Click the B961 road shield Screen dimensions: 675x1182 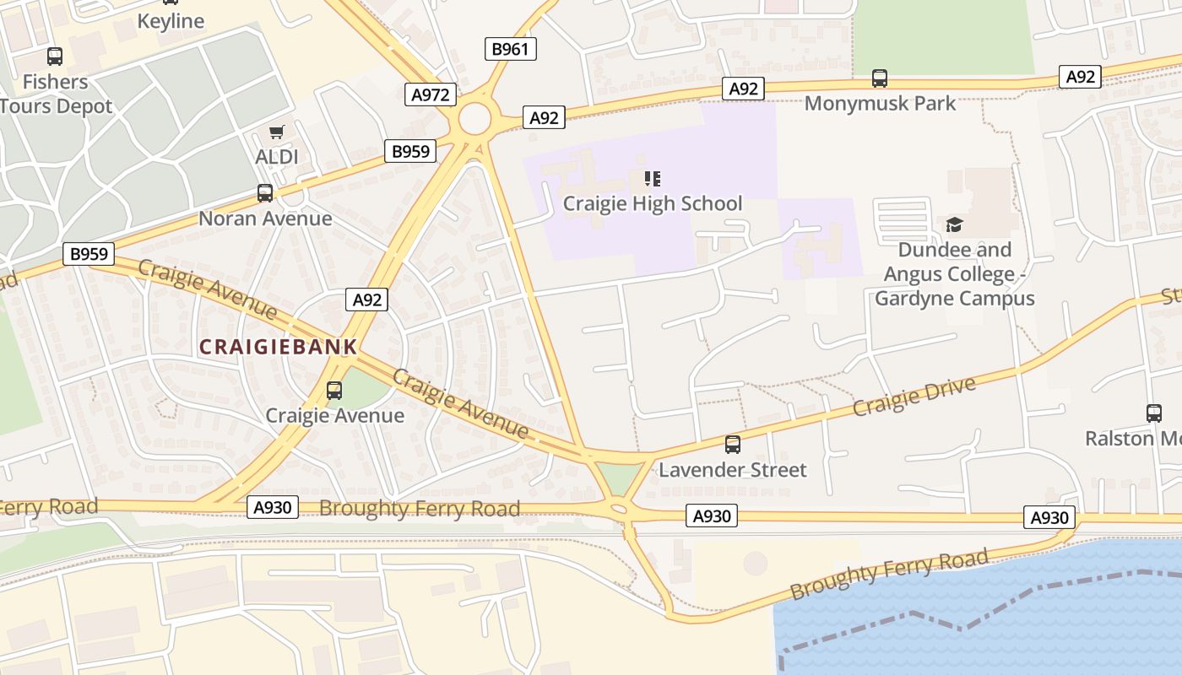(x=511, y=49)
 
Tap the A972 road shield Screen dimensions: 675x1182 (x=431, y=94)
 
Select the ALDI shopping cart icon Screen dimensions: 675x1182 (x=276, y=132)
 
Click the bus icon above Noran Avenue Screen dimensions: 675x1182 (x=265, y=193)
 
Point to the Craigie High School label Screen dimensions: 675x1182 (x=653, y=203)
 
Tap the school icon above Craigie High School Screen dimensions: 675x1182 (x=652, y=178)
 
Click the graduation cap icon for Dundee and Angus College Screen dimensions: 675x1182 (x=954, y=224)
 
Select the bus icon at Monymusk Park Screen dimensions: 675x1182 (x=880, y=78)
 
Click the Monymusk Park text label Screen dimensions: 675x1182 (x=880, y=104)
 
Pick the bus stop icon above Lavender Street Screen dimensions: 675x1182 (x=733, y=445)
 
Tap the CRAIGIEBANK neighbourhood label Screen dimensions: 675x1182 (x=279, y=347)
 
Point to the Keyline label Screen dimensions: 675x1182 (x=171, y=21)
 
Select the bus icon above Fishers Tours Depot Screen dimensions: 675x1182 (x=55, y=57)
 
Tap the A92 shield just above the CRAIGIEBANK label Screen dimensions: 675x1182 (x=367, y=300)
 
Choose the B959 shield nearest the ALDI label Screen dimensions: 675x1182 (x=411, y=152)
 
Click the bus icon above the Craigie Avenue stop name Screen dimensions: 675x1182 (x=334, y=391)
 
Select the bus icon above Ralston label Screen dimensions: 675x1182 (x=1154, y=413)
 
